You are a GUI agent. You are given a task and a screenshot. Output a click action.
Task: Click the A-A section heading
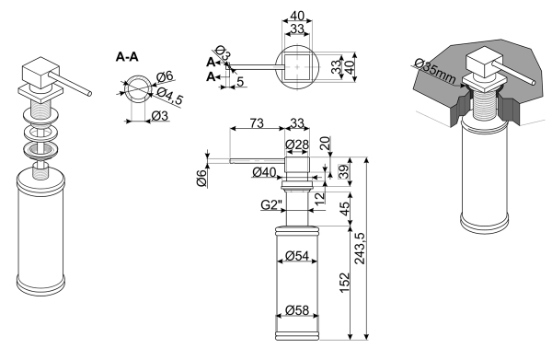pyautogui.click(x=127, y=57)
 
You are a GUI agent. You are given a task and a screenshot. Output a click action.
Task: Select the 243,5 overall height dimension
pyautogui.click(x=360, y=249)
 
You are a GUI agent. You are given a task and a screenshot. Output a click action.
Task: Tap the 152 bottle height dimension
pyautogui.click(x=344, y=282)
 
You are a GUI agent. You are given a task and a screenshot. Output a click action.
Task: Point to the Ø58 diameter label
pyautogui.click(x=297, y=310)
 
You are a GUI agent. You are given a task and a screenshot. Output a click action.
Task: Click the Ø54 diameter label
pyautogui.click(x=297, y=255)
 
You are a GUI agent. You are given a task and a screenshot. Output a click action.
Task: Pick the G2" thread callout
pyautogui.click(x=271, y=204)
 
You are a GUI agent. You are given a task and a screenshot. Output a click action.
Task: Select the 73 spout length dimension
pyautogui.click(x=257, y=123)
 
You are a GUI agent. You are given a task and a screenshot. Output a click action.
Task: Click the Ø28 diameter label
pyautogui.click(x=297, y=145)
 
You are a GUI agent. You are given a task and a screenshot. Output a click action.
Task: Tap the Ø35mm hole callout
pyautogui.click(x=435, y=70)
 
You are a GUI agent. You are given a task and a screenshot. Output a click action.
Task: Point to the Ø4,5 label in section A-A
pyautogui.click(x=170, y=96)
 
